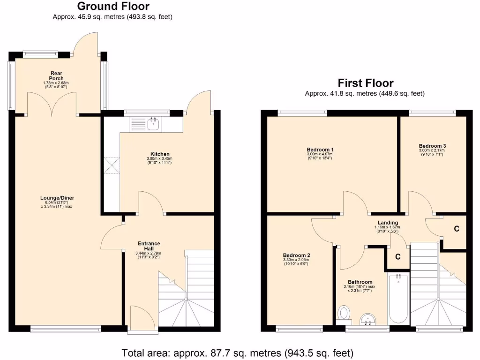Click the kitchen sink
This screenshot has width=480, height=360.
pyautogui.click(x=152, y=124)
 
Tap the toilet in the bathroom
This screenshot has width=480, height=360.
pyautogui.click(x=345, y=313)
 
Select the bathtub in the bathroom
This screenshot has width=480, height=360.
pyautogui.click(x=398, y=299)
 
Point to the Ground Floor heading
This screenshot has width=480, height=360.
pyautogui.click(x=113, y=6)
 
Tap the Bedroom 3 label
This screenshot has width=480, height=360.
pyautogui.click(x=432, y=146)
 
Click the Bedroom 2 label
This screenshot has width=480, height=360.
pyautogui.click(x=296, y=255)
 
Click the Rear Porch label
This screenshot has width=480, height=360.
pyautogui.click(x=57, y=75)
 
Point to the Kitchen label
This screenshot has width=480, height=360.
pyautogui.click(x=160, y=154)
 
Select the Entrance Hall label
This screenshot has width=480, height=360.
pyautogui.click(x=149, y=246)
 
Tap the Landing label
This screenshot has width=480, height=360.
pyautogui.click(x=388, y=223)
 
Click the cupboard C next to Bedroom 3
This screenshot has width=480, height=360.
pyautogui.click(x=456, y=229)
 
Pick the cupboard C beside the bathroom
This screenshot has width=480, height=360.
pyautogui.click(x=397, y=257)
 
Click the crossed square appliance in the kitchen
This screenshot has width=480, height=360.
pyautogui.click(x=112, y=165)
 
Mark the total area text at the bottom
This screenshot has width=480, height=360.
pyautogui.click(x=237, y=352)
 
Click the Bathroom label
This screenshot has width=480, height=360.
pyautogui.click(x=360, y=282)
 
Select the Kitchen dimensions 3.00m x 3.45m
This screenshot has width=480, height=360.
pyautogui.click(x=160, y=159)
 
